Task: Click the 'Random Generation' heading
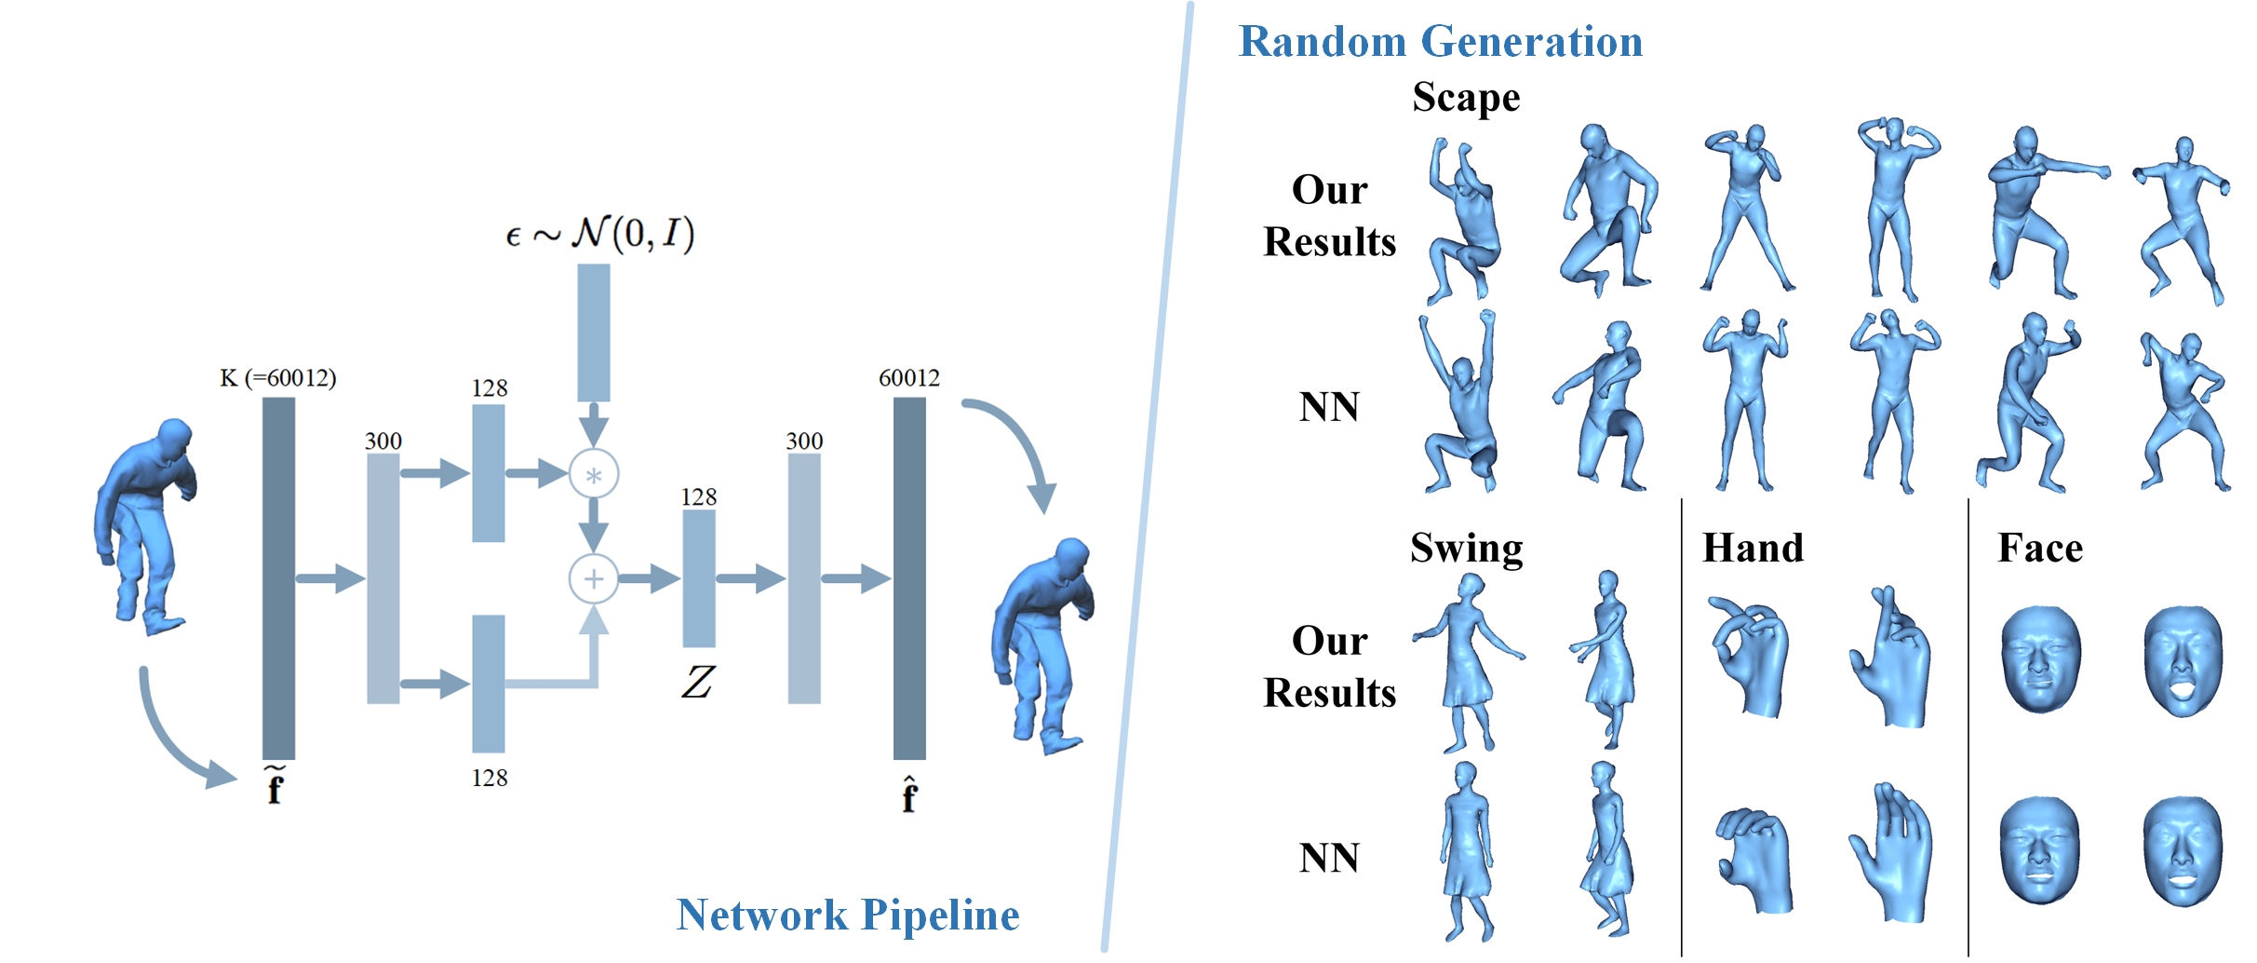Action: (x=1440, y=42)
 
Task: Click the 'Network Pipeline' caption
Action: (x=847, y=915)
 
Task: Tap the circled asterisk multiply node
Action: (x=594, y=475)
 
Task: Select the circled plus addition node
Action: (x=594, y=578)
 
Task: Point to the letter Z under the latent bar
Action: (x=698, y=683)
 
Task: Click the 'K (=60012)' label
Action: (x=277, y=378)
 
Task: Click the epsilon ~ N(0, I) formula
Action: (x=600, y=233)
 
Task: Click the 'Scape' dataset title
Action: (x=1466, y=98)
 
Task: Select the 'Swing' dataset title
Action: (x=1466, y=548)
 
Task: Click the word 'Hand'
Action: (x=1753, y=548)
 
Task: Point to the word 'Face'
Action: (x=2039, y=548)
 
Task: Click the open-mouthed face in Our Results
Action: (x=2183, y=661)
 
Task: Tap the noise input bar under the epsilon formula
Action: (x=594, y=332)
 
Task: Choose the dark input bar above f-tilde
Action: (x=278, y=577)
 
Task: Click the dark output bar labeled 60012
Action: (x=909, y=577)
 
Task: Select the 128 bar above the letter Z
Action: (x=699, y=578)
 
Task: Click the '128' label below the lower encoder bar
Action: (x=490, y=778)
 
